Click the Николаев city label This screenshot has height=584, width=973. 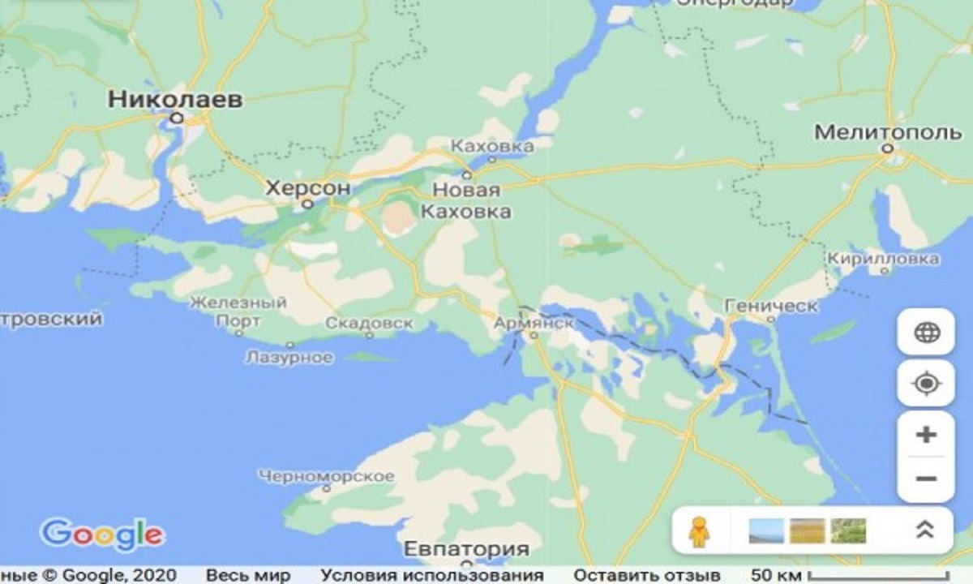pos(175,100)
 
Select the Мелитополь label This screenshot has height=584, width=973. pos(887,131)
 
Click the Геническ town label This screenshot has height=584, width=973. pos(771,305)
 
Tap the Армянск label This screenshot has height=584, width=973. pos(534,322)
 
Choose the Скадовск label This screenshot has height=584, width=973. pos(369,323)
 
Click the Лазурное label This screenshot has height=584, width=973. pos(289,357)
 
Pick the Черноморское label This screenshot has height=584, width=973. pos(327,476)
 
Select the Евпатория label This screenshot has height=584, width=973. pos(466,547)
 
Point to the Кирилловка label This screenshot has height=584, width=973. pos(883,259)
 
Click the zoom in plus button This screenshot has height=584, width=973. pos(925,435)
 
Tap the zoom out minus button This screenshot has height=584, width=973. pos(925,478)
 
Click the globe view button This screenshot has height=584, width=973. pos(925,333)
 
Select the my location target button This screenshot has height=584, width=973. pos(925,383)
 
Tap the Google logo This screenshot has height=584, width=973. pos(102,534)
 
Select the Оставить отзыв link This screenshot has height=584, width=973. pos(647,575)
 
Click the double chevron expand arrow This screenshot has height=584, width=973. pos(924,530)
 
